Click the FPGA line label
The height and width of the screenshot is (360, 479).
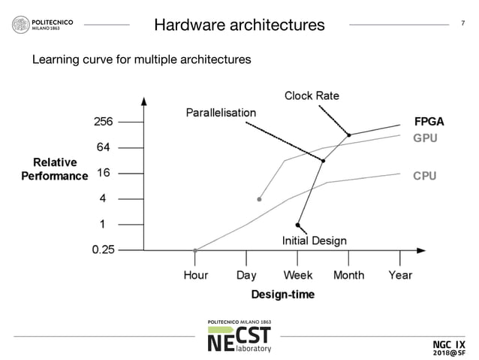429,122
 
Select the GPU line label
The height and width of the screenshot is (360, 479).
425,138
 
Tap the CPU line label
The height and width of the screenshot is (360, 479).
424,176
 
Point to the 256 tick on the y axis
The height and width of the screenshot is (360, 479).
103,122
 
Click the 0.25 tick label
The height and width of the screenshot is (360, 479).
98,250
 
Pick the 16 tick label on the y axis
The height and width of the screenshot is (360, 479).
104,173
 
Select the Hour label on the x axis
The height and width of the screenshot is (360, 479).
196,275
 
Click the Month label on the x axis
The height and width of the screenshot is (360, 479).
348,275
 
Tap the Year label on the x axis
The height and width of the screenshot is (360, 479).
400,275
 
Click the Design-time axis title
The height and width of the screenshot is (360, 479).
282,294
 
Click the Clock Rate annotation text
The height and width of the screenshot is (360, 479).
312,95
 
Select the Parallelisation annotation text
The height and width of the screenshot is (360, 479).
221,112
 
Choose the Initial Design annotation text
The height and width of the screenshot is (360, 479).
314,241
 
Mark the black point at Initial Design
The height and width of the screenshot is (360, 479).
298,225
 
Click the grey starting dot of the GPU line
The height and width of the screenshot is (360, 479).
259,199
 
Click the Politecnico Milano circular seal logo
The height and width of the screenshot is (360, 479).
20,25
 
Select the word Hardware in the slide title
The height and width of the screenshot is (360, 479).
190,25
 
